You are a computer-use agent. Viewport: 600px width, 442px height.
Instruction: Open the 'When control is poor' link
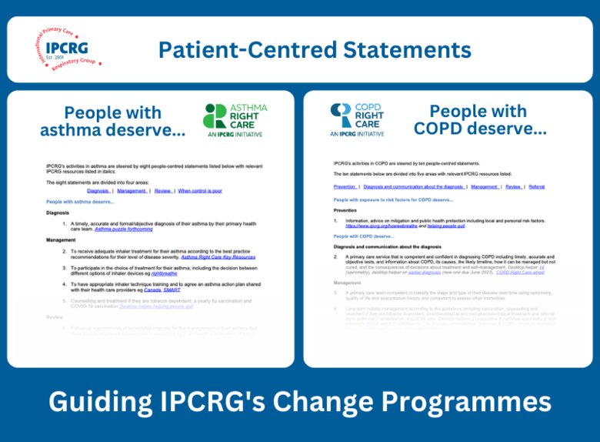click(202, 190)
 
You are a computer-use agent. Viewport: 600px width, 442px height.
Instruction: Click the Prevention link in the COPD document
click(345, 186)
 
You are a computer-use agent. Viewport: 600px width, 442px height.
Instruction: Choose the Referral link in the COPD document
click(536, 186)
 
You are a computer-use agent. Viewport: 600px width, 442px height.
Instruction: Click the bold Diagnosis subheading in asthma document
click(58, 213)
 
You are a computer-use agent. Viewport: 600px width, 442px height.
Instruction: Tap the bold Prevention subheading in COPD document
click(345, 210)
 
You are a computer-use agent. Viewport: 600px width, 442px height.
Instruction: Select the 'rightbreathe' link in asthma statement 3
click(164, 273)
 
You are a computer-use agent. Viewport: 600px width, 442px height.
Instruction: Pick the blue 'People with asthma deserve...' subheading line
click(80, 202)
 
